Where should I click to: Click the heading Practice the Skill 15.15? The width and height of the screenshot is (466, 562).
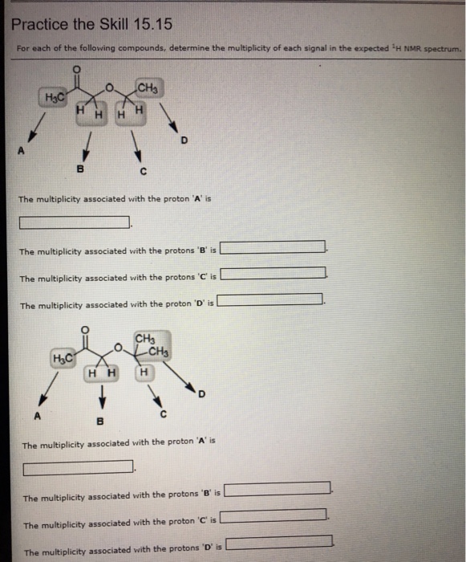pos(91,24)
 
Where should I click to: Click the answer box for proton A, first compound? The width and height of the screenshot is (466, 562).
pos(74,222)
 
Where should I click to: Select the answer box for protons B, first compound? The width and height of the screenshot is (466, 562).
pos(273,247)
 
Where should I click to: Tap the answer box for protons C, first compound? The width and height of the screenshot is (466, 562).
pos(273,273)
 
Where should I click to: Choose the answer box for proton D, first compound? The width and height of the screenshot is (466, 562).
pos(269,299)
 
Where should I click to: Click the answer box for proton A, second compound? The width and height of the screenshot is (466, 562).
pos(78,468)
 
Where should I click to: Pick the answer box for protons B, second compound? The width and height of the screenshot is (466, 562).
pos(278,488)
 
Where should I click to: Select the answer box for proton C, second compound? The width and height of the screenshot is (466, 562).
pos(274,515)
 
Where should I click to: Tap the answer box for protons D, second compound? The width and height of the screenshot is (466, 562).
pos(279,542)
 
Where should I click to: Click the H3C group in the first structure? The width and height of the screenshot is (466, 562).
pos(55,97)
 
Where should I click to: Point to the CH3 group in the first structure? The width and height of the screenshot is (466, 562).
pos(148,88)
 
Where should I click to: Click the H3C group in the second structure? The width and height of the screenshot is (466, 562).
pos(63,358)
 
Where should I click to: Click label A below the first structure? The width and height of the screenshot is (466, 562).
pos(21,151)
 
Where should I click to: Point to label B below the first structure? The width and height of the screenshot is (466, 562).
pos(80,169)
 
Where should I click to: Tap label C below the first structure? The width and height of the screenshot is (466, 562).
pos(144,172)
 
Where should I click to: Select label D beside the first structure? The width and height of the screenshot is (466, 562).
pos(184,140)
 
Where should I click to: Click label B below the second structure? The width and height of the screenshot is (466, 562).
pos(100,421)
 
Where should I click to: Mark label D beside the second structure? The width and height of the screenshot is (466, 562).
pos(201,394)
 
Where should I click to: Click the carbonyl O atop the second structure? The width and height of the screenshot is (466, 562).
pos(85,329)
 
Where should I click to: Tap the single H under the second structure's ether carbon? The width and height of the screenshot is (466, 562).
pos(144,373)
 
